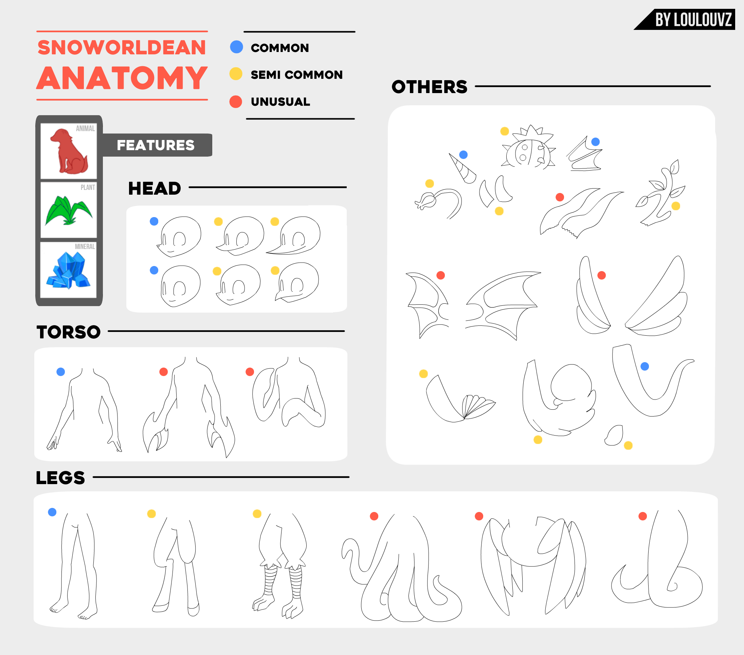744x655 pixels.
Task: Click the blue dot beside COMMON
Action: point(237,47)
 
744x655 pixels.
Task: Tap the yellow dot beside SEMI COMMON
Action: point(236,74)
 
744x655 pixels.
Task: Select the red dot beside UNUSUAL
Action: point(236,102)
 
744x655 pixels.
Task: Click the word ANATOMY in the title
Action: point(122,78)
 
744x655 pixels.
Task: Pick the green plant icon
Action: point(69,210)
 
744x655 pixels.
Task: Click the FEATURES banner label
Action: point(156,145)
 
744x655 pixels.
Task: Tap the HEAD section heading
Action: point(155,188)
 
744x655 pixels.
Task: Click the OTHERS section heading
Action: point(430,87)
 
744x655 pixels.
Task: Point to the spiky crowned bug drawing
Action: point(529,147)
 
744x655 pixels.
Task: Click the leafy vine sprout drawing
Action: point(660,193)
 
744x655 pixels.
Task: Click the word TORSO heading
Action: point(69,332)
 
